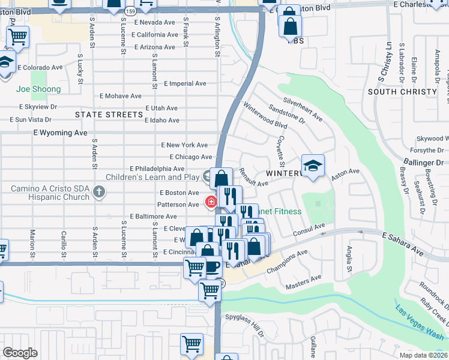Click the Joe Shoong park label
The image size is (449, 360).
pyautogui.click(x=38, y=89)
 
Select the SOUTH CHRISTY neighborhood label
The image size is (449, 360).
pyautogui.click(x=402, y=92)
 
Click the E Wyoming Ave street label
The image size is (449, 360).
pyautogui.click(x=61, y=132)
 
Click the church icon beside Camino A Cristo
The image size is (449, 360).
pyautogui.click(x=100, y=193)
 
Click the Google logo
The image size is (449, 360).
pyautogui.click(x=20, y=353)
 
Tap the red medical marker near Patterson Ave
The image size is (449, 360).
pyautogui.click(x=211, y=202)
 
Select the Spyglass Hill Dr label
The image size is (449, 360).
pyautogui.click(x=244, y=325)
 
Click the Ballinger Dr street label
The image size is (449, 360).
pyautogui.click(x=427, y=163)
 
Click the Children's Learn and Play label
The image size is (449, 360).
pyautogui.click(x=152, y=177)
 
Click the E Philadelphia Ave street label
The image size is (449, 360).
pyautogui.click(x=157, y=169)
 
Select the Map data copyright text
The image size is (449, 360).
pyautogui.click(x=423, y=355)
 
